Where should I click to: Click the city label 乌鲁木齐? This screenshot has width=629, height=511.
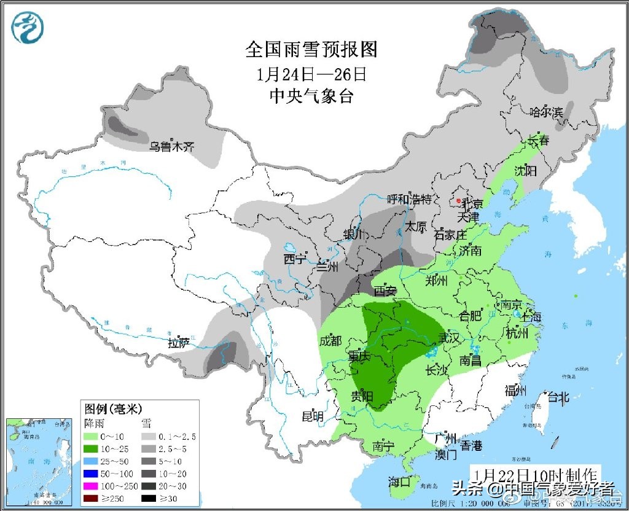point(172,147)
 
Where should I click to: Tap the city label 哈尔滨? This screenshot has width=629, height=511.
point(546,112)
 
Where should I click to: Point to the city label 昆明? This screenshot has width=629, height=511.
point(312,416)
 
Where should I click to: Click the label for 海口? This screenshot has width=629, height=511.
point(399,482)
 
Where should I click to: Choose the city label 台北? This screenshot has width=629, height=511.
point(558,397)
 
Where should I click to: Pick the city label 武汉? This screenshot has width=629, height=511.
point(448,338)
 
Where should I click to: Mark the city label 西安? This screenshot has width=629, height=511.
point(385,291)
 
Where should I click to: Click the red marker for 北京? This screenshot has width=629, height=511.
point(458,200)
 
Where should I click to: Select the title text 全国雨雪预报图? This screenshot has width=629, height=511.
point(311,49)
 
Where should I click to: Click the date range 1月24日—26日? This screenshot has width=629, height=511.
point(311,74)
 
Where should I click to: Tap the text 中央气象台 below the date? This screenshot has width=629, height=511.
point(311,96)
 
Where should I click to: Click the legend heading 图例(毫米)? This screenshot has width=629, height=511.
point(114,408)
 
